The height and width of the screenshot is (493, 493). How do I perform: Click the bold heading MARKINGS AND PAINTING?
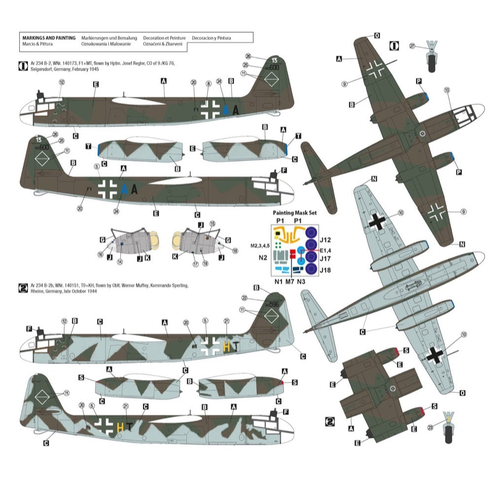[49, 37]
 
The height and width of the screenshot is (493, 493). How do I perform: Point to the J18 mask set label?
[324, 270]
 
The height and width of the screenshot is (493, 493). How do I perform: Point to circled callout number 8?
[209, 84]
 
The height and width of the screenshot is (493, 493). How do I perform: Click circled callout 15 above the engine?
[211, 223]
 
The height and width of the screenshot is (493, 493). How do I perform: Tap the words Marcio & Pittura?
[37, 44]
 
